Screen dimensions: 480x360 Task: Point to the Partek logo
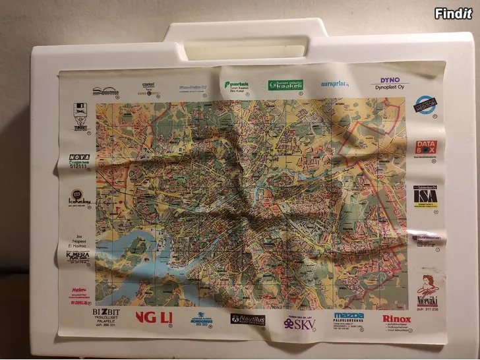237,86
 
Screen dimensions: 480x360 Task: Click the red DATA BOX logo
427,148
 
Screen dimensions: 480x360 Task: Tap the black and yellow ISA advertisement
425,196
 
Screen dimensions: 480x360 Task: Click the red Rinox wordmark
397,318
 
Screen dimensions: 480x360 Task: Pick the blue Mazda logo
349,316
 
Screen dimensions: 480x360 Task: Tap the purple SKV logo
299,324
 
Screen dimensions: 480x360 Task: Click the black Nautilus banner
248,319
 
